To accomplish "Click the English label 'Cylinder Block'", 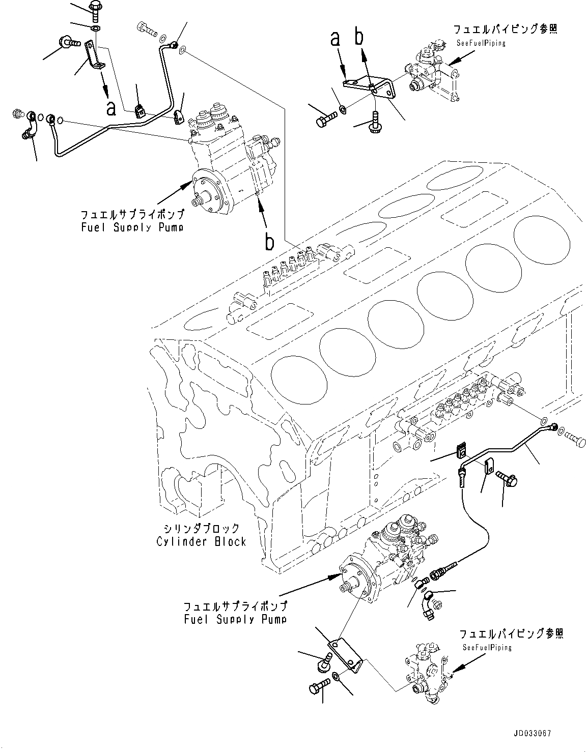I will (x=201, y=541).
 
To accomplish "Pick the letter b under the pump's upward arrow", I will (x=269, y=242).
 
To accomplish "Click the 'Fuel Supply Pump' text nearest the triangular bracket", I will (x=235, y=619).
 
